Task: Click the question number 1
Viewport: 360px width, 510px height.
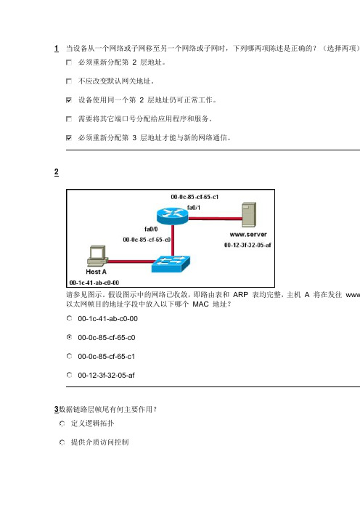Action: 57,49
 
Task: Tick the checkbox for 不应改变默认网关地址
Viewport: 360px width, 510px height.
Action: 69,81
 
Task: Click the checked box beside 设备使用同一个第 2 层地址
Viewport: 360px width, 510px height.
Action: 69,100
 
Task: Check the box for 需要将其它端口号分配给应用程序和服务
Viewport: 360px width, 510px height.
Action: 69,118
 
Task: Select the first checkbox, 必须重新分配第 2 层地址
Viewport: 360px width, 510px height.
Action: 69,62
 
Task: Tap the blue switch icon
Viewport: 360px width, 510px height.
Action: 171,264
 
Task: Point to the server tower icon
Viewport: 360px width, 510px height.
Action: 249,214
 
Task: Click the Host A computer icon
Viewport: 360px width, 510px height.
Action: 97,256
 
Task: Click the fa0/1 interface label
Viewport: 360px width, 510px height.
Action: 194,208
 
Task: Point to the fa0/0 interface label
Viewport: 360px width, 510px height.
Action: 151,229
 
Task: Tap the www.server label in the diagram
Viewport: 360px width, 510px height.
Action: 248,234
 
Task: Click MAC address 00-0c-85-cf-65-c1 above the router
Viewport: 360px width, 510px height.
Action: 195,197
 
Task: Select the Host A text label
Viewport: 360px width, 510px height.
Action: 97,272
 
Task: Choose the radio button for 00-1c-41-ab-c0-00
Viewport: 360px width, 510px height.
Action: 69,318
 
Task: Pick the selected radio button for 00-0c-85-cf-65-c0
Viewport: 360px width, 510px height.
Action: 69,337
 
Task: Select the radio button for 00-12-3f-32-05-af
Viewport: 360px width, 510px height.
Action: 69,375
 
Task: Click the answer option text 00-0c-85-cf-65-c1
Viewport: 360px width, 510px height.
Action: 106,357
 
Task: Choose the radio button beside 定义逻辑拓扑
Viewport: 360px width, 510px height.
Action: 62,424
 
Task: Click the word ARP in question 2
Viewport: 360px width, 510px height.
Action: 240,295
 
